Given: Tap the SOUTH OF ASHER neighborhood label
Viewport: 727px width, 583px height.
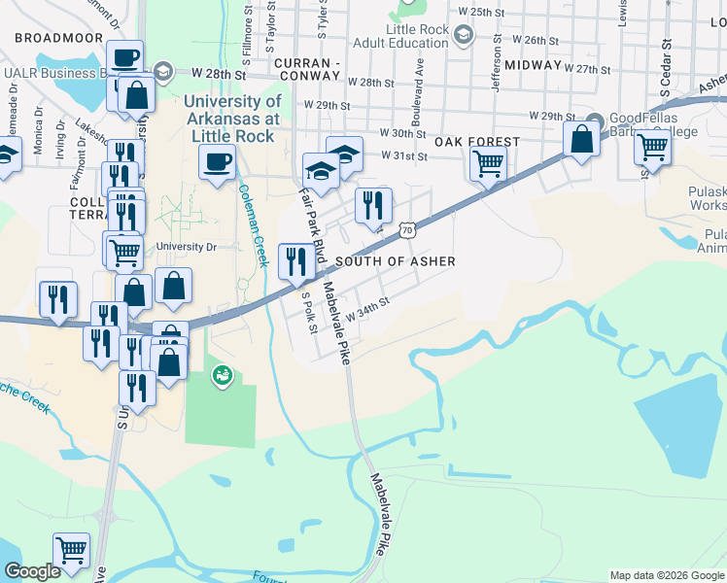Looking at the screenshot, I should [x=395, y=262].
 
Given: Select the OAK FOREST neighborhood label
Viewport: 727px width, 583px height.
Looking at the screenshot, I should [x=476, y=142].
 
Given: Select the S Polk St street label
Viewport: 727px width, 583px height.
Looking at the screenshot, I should [x=309, y=313].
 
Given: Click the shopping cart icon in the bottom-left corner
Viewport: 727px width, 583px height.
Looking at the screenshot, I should [x=71, y=550].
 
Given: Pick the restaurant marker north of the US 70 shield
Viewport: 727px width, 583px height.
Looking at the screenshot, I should [x=373, y=205].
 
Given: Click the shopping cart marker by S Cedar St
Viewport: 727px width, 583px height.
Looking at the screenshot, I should [x=653, y=149].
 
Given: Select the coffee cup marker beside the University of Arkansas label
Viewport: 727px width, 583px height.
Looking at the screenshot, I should [x=217, y=161].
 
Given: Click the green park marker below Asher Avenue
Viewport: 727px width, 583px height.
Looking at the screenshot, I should [x=223, y=374].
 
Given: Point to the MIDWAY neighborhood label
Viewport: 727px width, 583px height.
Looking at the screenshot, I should [x=534, y=65].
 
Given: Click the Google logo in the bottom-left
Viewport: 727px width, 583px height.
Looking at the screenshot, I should [x=32, y=572].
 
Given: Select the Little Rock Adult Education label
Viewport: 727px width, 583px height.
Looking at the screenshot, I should [x=418, y=36].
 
